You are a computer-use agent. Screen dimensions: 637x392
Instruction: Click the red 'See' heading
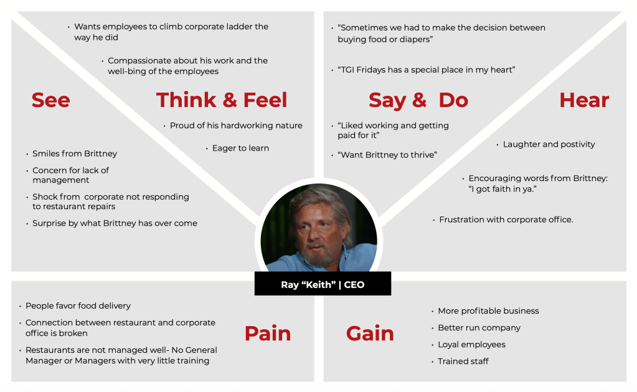click(51, 100)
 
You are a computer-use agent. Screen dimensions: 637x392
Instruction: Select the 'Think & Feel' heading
click(222, 100)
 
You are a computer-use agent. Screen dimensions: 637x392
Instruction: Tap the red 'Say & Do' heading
click(418, 101)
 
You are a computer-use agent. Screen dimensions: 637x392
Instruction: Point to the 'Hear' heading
click(584, 100)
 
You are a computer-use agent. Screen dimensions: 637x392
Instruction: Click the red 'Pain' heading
click(268, 334)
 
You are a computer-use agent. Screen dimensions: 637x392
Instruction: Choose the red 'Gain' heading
click(370, 334)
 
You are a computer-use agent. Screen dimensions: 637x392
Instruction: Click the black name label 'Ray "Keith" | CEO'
click(323, 284)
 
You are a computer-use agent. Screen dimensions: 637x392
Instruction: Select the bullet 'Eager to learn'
click(240, 149)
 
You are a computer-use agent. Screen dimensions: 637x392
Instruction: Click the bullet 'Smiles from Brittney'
click(75, 154)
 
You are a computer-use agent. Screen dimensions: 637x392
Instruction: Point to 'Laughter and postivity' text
click(549, 144)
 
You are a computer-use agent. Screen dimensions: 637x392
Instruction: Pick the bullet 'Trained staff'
click(463, 361)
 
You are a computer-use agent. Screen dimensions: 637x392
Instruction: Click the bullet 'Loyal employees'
click(471, 345)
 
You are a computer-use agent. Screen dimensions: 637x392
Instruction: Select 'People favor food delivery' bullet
click(78, 306)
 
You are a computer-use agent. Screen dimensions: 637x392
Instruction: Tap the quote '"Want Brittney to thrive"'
click(387, 154)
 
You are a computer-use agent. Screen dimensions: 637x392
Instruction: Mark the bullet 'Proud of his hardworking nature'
click(236, 126)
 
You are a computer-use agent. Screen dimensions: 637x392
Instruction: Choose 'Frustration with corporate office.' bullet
click(506, 220)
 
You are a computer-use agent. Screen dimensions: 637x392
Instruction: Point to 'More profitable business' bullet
click(488, 311)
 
